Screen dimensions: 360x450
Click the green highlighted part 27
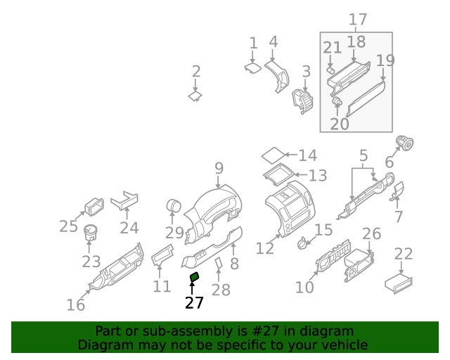coord(195,278)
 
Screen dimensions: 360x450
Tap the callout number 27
coord(193,303)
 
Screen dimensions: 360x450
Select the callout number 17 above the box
coord(357,20)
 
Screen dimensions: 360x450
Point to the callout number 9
coord(219,168)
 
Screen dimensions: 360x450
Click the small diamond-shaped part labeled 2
coord(195,96)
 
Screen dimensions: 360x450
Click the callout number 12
coord(264,248)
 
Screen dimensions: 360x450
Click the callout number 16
coord(75,304)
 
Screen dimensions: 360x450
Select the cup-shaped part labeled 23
coord(91,233)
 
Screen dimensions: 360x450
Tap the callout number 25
coord(68,226)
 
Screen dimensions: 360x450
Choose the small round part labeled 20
coord(337,103)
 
